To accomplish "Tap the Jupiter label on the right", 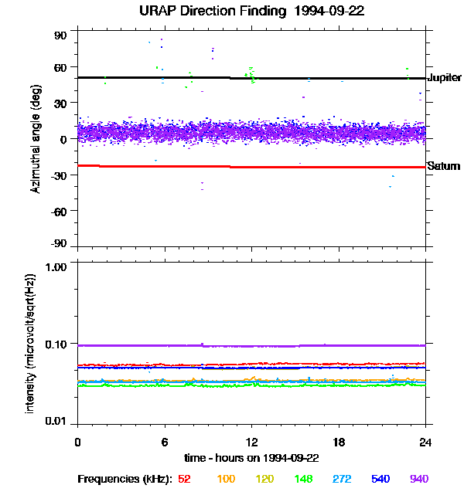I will tap(444, 78).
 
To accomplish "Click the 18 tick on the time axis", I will tap(339, 442).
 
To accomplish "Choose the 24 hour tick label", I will tap(425, 442).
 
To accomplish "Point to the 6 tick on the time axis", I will tap(165, 442).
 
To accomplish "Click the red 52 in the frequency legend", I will tap(184, 479).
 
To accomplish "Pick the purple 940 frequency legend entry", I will tap(418, 479).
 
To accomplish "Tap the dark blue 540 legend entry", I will tap(380, 479).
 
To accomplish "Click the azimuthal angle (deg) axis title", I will tap(36, 139).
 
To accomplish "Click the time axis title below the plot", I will tap(251, 458).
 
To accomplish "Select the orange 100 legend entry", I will tap(225, 479).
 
